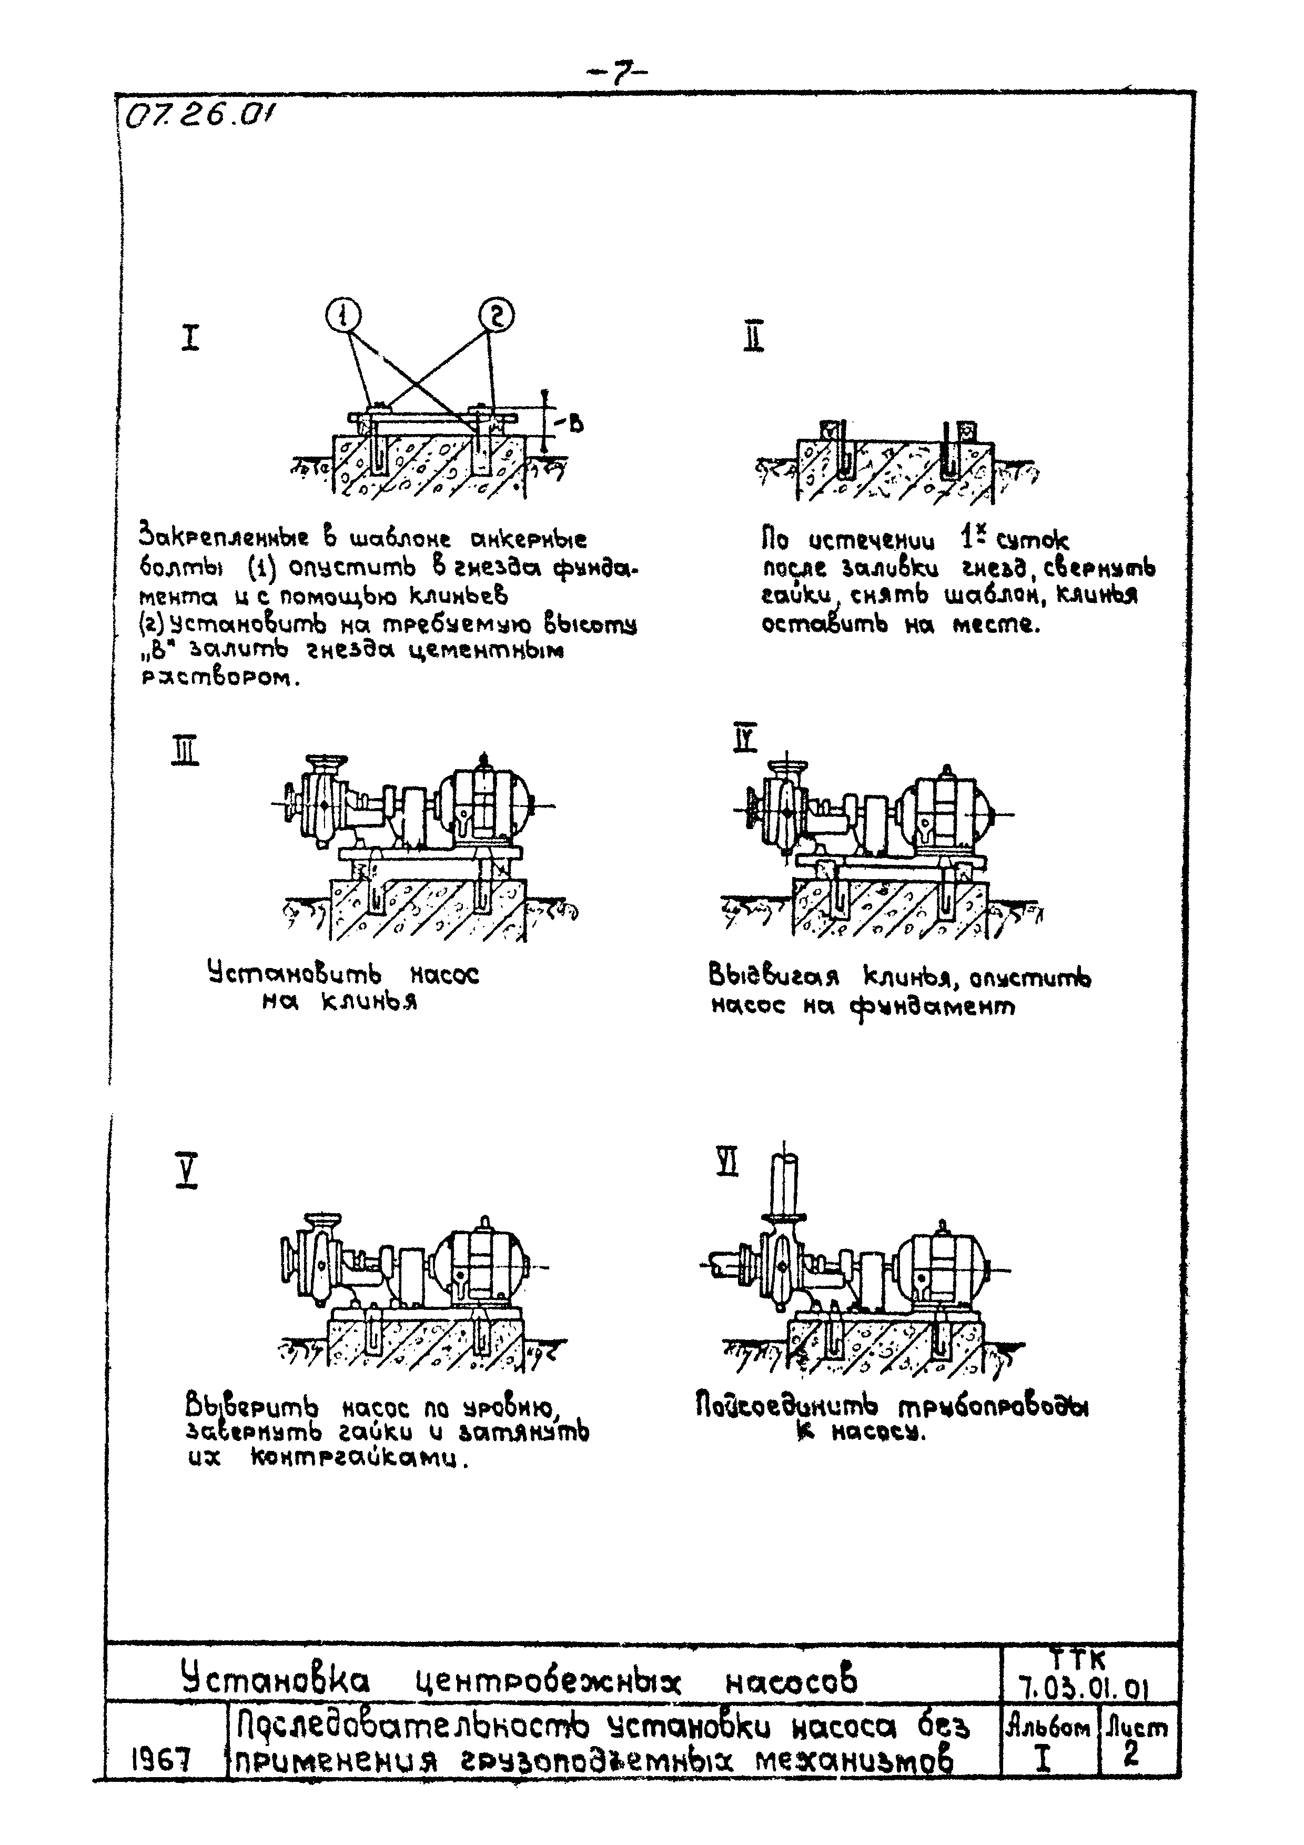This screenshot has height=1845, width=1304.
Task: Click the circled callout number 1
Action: [344, 316]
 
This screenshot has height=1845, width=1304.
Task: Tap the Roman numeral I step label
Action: [189, 338]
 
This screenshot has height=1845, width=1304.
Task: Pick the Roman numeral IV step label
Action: [745, 738]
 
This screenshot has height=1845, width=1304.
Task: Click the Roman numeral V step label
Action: [186, 1171]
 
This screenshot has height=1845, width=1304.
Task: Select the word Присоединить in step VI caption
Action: [786, 1406]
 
